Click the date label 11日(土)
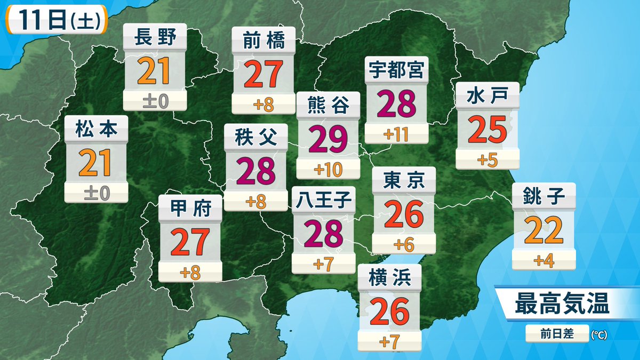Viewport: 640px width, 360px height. pos(56,21)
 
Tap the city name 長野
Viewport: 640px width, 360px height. pos(155,38)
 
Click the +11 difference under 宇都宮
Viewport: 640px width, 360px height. pos(396,134)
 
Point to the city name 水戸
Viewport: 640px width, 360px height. pos(487,97)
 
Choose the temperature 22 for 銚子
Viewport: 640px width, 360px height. pos(543,231)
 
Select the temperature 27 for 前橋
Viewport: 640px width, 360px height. pos(263,76)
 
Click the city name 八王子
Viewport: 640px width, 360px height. pos(324,201)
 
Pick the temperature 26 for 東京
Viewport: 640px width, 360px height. pos(404,214)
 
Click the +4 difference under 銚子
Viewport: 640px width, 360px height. pos(544,261)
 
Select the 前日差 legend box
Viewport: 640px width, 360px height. pos(557,334)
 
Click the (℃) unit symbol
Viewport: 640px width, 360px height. pos(599,335)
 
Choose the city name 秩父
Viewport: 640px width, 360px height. pos(255,138)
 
